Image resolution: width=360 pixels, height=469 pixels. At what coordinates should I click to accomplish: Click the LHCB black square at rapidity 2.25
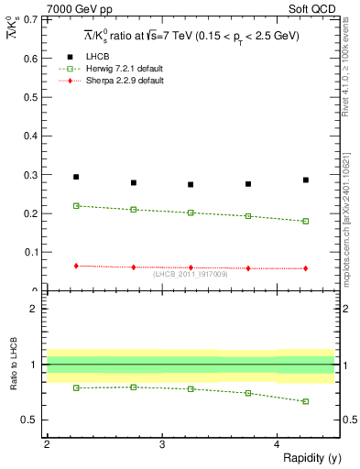[x=76, y=177]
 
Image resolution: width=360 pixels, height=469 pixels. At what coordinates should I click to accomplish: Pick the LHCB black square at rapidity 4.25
[x=306, y=180]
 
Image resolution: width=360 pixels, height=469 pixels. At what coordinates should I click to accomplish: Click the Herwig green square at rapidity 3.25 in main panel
[x=191, y=213]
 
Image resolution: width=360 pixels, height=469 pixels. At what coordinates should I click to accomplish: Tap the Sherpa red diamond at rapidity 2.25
[x=76, y=266]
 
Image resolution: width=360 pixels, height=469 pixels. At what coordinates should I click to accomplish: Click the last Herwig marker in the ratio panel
[x=306, y=401]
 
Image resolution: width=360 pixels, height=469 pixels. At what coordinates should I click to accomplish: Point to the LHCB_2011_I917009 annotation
[x=190, y=274]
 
